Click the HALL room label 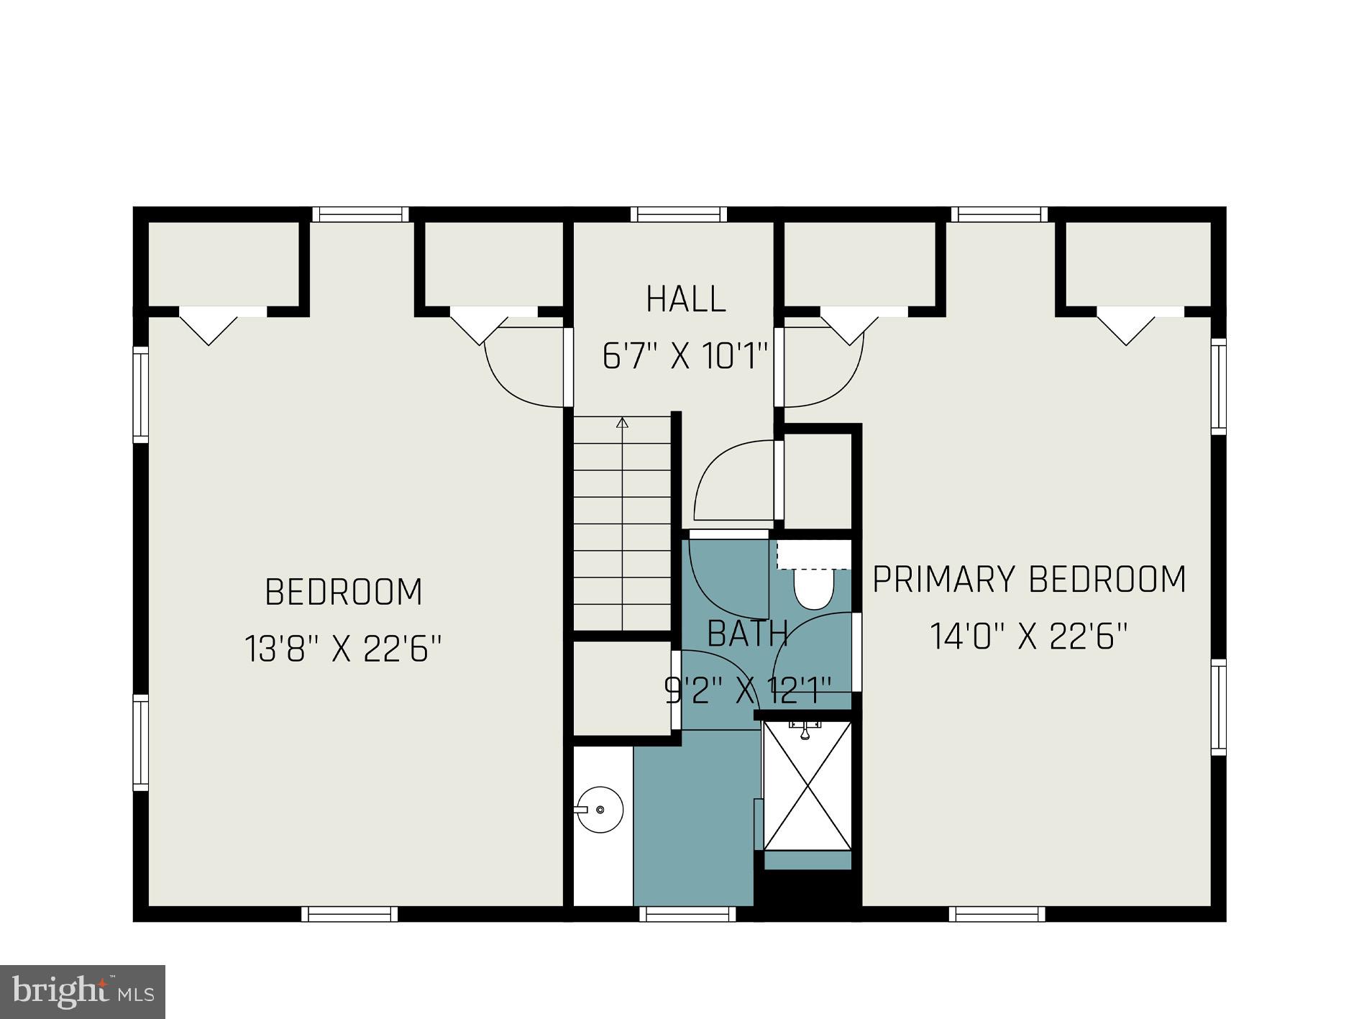pos(685,300)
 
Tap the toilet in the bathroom pos(813,586)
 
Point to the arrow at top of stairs pos(622,423)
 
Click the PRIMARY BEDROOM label pos(1028,580)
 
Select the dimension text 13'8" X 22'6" pos(342,649)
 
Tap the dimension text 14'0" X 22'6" pos(1028,636)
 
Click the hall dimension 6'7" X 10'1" pos(685,357)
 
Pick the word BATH pos(748,634)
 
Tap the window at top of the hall pos(679,214)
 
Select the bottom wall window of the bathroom pos(687,914)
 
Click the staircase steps pos(622,525)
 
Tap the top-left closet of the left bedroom pos(224,263)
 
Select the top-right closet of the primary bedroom pos(1138,263)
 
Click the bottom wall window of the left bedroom pos(349,914)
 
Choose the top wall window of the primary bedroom pos(999,214)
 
